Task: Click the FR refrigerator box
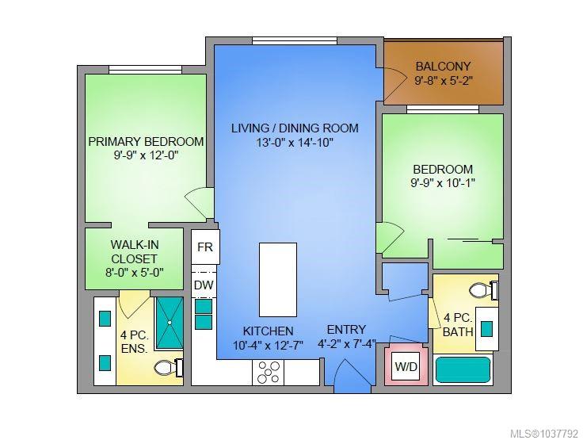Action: tap(205, 247)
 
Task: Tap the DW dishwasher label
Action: tap(204, 285)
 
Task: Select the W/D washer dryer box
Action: tap(406, 366)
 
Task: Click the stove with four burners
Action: tap(268, 373)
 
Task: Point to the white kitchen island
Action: tap(278, 280)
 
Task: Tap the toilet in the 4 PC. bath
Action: tap(483, 290)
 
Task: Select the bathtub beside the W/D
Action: tap(463, 369)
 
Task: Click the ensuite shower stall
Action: tap(170, 323)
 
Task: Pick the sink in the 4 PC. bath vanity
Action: tap(486, 329)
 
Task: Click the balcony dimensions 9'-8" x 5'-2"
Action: tap(444, 81)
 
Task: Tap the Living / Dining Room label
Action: tap(295, 128)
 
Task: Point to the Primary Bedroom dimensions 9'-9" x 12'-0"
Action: tap(146, 155)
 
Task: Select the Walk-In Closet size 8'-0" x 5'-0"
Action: tap(134, 273)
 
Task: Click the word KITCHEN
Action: tap(268, 331)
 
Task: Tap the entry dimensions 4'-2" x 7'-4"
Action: tap(346, 344)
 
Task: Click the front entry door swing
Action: tap(352, 376)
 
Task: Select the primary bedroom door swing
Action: tap(200, 202)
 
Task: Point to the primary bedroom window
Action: tap(146, 70)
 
